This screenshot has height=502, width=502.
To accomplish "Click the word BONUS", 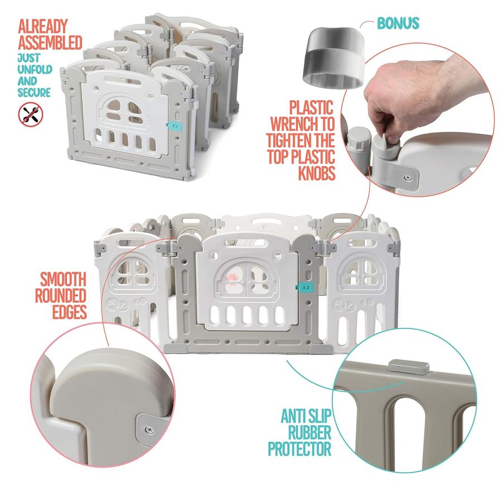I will [x=398, y=23].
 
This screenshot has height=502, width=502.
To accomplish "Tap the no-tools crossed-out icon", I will [x=30, y=114].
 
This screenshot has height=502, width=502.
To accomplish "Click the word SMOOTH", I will [x=62, y=279].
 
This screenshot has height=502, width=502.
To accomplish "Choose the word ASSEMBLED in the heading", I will [x=50, y=42].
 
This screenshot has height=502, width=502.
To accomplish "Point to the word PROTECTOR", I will [x=300, y=449].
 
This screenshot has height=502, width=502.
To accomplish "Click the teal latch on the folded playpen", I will [x=172, y=126].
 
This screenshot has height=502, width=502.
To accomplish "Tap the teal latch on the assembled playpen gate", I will [x=307, y=287].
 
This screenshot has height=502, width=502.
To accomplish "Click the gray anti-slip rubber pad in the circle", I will [x=409, y=366].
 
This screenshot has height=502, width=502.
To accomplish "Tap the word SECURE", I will [x=34, y=92].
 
